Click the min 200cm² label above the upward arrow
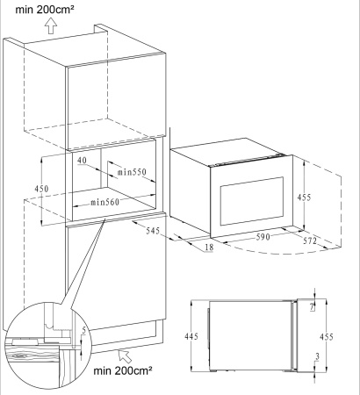pyautogui.click(x=45, y=10)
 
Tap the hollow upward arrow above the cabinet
pyautogui.click(x=51, y=25)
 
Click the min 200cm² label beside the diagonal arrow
pyautogui.click(x=123, y=371)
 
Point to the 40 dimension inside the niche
pyautogui.click(x=83, y=161)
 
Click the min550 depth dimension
pyautogui.click(x=132, y=172)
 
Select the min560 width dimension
pyautogui.click(x=104, y=202)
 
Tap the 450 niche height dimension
pyautogui.click(x=41, y=189)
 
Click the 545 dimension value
pyautogui.click(x=153, y=231)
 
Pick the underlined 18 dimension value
pyautogui.click(x=209, y=248)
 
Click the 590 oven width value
pyautogui.click(x=263, y=236)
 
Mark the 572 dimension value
pyautogui.click(x=310, y=241)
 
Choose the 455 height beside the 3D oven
pyautogui.click(x=304, y=197)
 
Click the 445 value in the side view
pyautogui.click(x=191, y=336)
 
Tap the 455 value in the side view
pyautogui.click(x=327, y=337)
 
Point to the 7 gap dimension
pyautogui.click(x=312, y=307)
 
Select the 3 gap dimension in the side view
pyautogui.click(x=317, y=356)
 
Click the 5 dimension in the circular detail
pyautogui.click(x=84, y=331)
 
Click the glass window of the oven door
pyautogui.click(x=252, y=201)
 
